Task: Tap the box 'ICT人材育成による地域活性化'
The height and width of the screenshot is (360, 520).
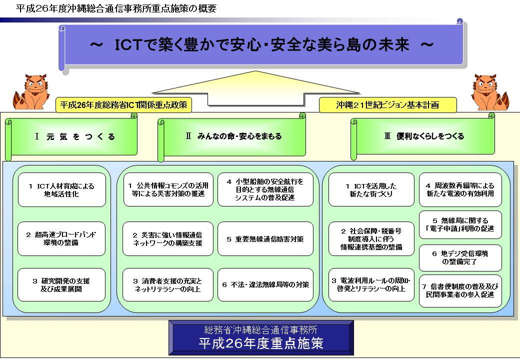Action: tap(61, 190)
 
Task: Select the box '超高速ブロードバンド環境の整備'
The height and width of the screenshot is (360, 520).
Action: tap(61, 238)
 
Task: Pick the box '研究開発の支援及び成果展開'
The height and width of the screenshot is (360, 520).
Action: tap(61, 285)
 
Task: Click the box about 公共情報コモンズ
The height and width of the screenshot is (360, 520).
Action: tap(168, 189)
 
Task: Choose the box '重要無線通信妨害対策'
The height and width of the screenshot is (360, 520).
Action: tap(265, 238)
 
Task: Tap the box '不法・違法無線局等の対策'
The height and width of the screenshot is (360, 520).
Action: tap(265, 285)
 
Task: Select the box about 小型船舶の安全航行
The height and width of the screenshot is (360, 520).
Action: tap(265, 189)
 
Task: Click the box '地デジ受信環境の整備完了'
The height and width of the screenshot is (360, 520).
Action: tap(460, 258)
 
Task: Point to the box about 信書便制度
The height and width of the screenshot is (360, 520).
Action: tap(460, 290)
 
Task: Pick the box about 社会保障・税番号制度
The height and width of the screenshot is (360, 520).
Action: tap(371, 238)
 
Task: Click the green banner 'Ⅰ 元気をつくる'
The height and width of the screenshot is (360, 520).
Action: tap(71, 136)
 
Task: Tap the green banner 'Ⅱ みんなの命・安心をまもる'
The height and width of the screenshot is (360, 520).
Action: tap(232, 136)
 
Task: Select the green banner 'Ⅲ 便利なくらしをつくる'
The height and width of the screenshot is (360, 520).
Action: tap(423, 136)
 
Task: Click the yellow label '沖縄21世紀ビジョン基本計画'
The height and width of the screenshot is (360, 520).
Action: tap(387, 105)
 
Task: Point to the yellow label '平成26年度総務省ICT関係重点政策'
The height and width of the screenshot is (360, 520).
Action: tap(123, 105)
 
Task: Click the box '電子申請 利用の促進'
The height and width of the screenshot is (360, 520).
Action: tap(460, 225)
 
